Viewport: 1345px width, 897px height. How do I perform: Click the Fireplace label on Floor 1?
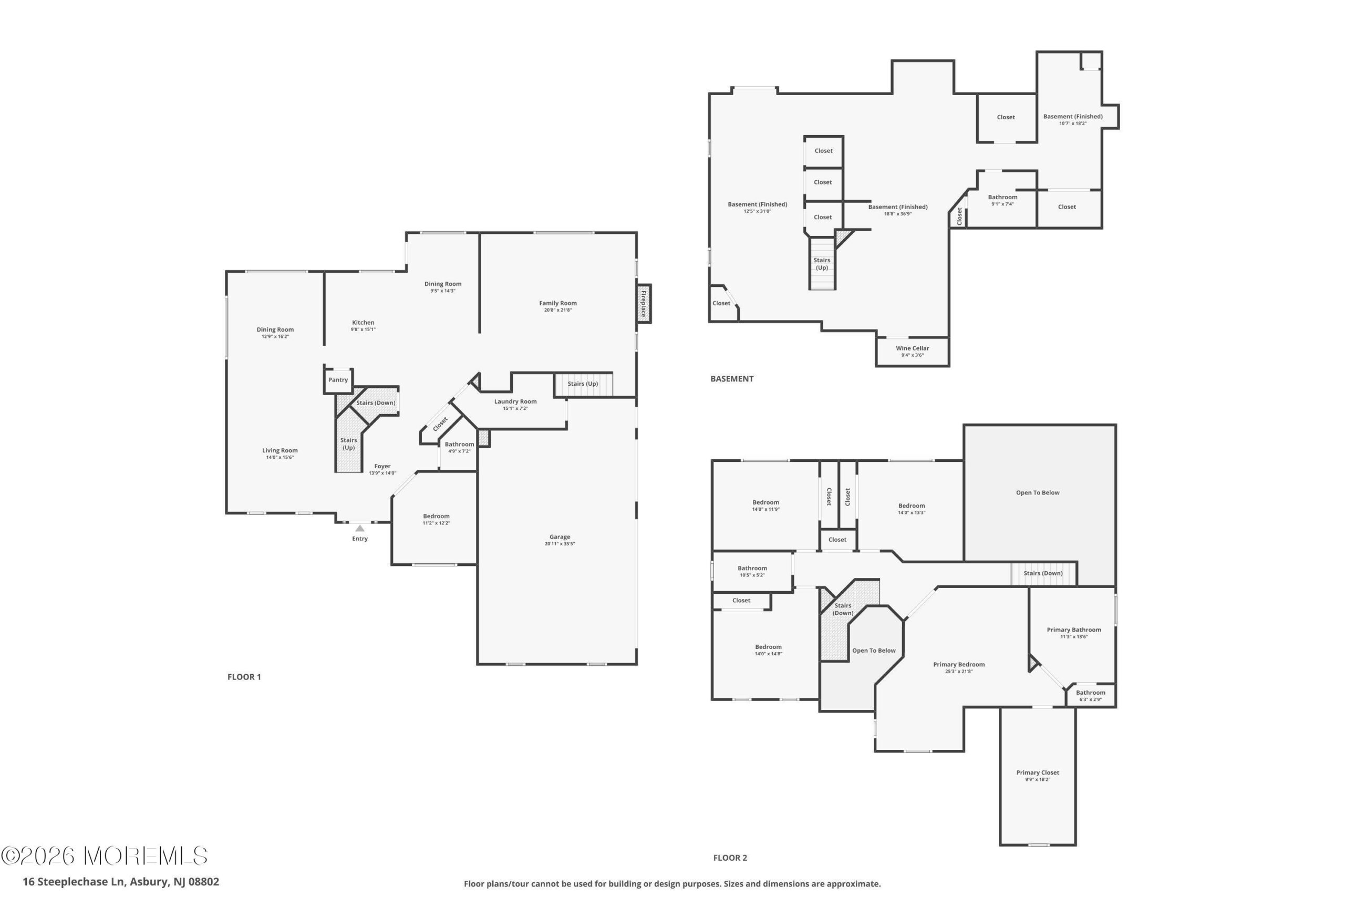pyautogui.click(x=643, y=304)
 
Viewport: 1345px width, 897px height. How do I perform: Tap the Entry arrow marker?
pyautogui.click(x=360, y=528)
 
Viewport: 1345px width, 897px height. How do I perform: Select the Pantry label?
pyautogui.click(x=338, y=380)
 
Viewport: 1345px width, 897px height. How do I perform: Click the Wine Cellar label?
pyautogui.click(x=913, y=348)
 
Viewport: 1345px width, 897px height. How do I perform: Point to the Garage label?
pyautogui.click(x=560, y=537)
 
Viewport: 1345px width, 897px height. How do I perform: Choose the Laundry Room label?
pyautogui.click(x=515, y=401)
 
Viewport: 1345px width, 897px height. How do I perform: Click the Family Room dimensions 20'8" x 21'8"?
pyautogui.click(x=557, y=310)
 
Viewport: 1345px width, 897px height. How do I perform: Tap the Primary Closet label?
pyautogui.click(x=1038, y=772)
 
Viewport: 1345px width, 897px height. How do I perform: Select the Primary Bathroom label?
pyautogui.click(x=1074, y=630)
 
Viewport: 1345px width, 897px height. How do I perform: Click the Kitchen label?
pyautogui.click(x=363, y=323)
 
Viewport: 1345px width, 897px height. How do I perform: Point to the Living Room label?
pyautogui.click(x=280, y=450)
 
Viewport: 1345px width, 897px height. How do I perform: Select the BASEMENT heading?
pyautogui.click(x=732, y=379)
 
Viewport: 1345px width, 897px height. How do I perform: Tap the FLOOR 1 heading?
pyautogui.click(x=244, y=677)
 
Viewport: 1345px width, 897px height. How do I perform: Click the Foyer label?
pyautogui.click(x=382, y=466)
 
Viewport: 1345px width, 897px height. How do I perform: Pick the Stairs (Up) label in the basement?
pyautogui.click(x=822, y=264)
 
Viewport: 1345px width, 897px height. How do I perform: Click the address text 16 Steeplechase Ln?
pyautogui.click(x=74, y=882)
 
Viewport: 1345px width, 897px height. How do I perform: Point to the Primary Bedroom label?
pyautogui.click(x=959, y=664)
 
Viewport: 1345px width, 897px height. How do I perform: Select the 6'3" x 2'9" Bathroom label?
pyautogui.click(x=1091, y=692)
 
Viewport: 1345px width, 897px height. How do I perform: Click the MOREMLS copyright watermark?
pyautogui.click(x=104, y=856)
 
